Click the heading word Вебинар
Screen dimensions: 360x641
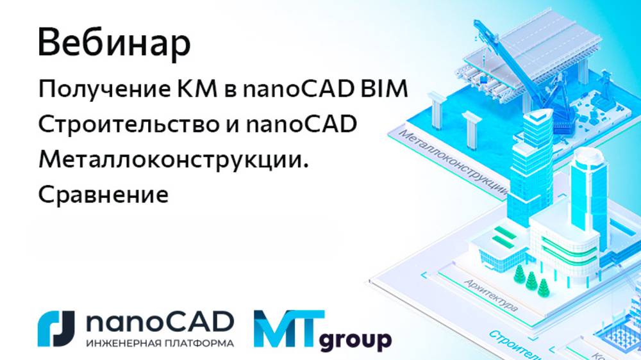pos(114,44)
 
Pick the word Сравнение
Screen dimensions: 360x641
pos(103,193)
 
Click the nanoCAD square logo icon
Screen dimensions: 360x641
pos(56,329)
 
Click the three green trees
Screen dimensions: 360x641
pos(529,282)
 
